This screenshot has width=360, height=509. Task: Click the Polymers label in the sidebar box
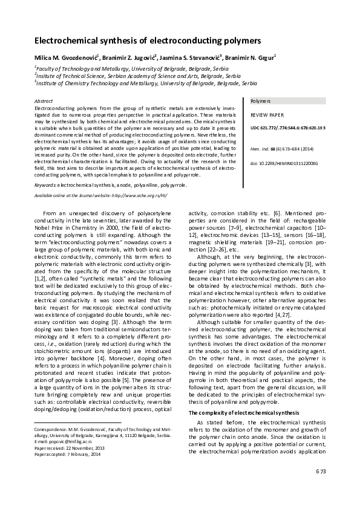260,101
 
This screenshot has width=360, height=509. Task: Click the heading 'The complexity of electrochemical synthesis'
235,412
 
